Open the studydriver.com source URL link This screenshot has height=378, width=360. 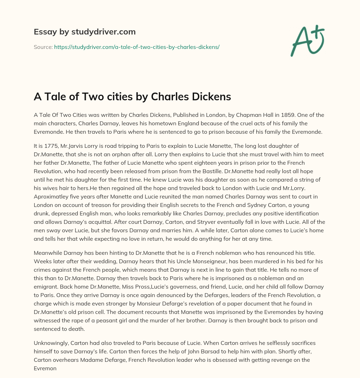point(137,47)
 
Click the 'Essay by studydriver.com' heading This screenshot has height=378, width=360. point(85,32)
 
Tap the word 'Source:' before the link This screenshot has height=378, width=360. point(43,47)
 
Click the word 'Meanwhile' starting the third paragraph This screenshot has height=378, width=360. point(48,253)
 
